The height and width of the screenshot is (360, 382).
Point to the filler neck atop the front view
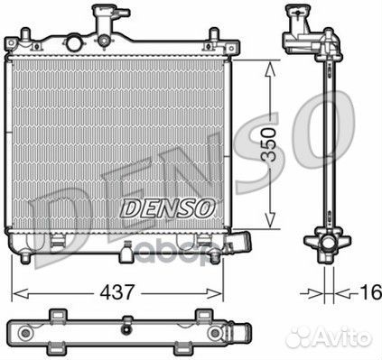(101, 17)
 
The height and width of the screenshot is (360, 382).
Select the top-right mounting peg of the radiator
(213, 37)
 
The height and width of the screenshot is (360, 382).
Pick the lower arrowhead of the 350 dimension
(268, 224)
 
